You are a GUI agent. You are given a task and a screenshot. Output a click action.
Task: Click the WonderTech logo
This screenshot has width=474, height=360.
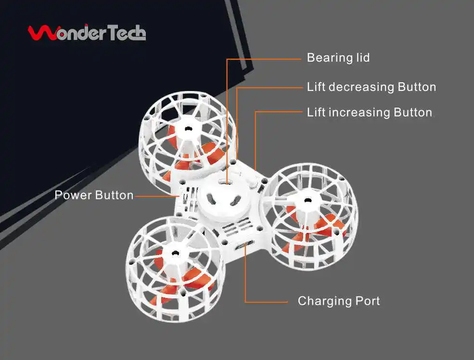87,33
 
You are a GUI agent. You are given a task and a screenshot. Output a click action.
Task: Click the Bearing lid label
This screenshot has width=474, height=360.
338,58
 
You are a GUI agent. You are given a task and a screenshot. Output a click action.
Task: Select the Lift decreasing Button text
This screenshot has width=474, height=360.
372,87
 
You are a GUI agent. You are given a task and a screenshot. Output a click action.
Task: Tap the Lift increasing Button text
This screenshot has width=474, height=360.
369,113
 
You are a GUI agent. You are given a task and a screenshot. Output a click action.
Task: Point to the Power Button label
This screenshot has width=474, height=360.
94,195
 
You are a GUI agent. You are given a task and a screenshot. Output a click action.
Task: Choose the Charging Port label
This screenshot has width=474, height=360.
339,301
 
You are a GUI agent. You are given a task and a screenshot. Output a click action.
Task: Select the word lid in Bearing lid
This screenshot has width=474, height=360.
362,58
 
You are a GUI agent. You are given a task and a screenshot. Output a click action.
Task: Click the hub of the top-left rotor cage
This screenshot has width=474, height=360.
187,129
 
